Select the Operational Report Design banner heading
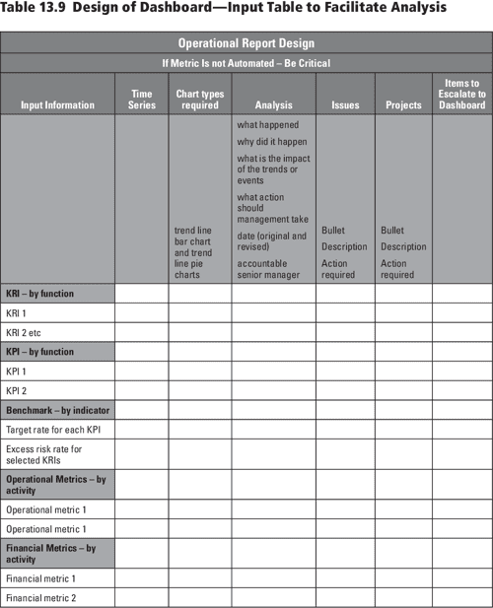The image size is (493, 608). [246, 43]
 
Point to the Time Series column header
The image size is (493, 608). [142, 99]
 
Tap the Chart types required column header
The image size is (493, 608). [200, 99]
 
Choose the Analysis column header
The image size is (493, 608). [273, 104]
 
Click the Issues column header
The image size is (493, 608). [345, 104]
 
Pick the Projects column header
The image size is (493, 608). [403, 104]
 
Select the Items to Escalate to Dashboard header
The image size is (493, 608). [462, 94]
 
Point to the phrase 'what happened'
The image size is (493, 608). [267, 125]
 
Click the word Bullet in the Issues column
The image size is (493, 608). [333, 231]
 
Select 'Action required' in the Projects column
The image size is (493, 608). [397, 269]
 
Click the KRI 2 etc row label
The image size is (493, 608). [24, 332]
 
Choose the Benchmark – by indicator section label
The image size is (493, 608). [57, 409]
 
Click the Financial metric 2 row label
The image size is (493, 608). [40, 597]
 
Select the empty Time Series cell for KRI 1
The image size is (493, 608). [142, 312]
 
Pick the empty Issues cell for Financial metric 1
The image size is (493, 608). [345, 578]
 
